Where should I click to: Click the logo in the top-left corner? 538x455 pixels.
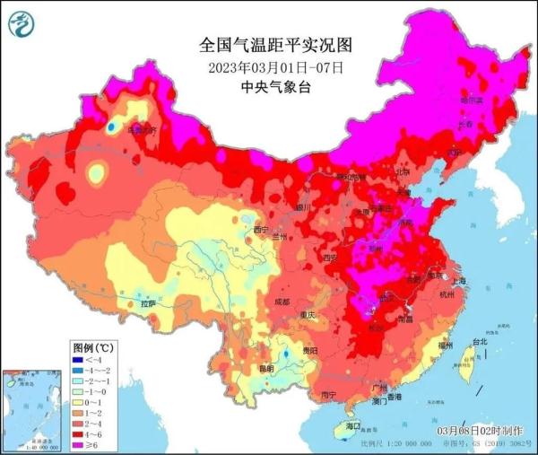pyautogui.click(x=20, y=23)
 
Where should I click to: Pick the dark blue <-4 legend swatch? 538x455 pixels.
pyautogui.click(x=80, y=358)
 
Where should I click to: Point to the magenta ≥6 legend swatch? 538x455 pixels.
pyautogui.click(x=80, y=443)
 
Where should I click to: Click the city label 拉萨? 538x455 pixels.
pyautogui.click(x=146, y=304)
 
